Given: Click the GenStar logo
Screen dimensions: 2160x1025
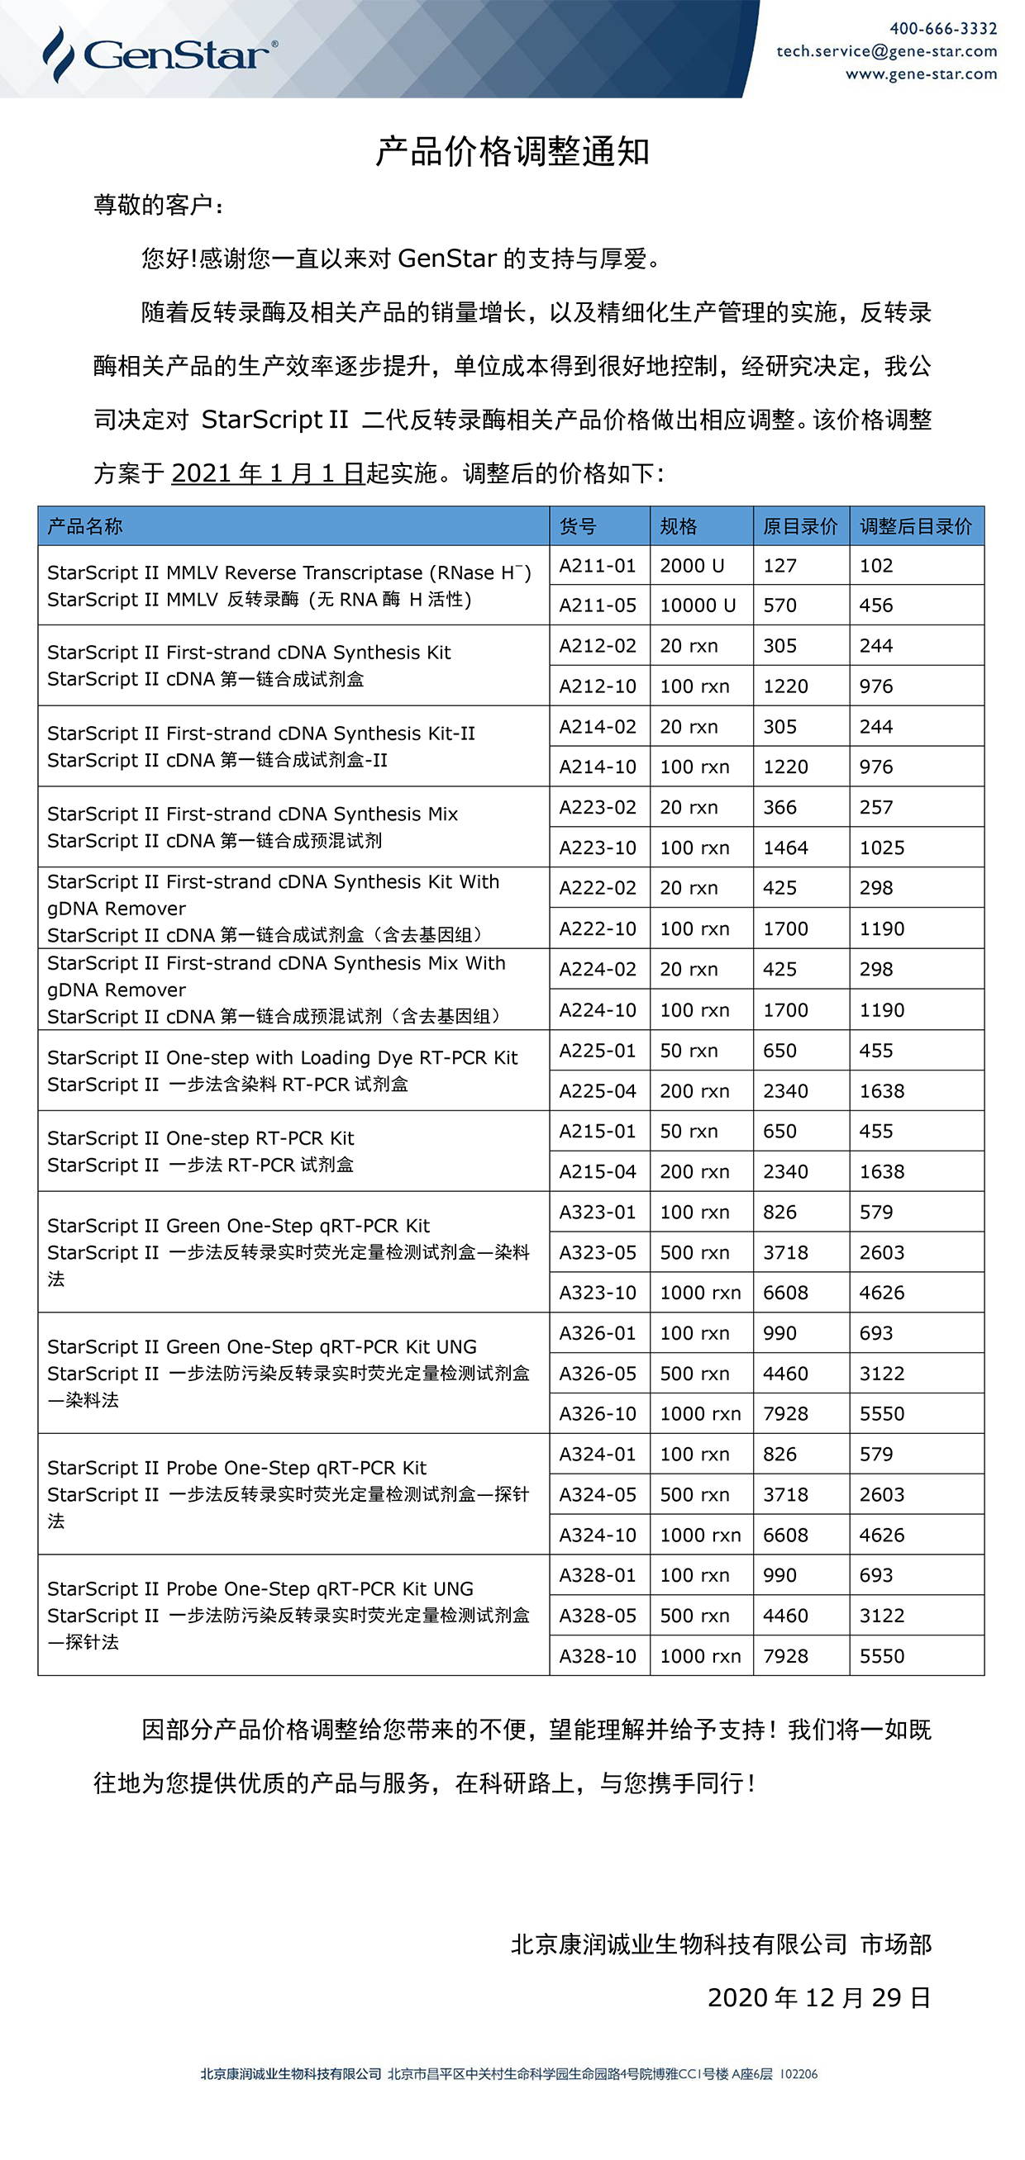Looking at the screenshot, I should coord(160,55).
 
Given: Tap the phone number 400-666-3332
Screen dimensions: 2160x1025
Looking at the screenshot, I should coord(943,29).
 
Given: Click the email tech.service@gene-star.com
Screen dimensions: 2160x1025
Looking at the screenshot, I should coord(887,51).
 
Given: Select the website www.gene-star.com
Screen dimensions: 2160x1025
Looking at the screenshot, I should coord(921,74).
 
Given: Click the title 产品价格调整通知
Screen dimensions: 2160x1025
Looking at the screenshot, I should coord(512,152).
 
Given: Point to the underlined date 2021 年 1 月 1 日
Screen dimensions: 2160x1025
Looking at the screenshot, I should coord(268,474).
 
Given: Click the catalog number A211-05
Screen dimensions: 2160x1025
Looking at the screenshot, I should coord(598,605).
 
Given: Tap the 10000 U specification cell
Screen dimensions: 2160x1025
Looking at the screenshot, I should coord(697,605).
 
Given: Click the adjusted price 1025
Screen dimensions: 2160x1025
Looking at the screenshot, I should coord(881,847).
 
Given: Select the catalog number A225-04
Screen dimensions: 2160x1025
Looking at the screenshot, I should coord(598,1091).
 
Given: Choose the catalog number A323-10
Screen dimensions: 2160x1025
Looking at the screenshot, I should coord(598,1293).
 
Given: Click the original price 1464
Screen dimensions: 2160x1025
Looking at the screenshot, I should coord(785,847).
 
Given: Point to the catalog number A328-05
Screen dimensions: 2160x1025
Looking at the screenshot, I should coord(598,1616).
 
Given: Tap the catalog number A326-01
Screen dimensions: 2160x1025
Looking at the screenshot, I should coord(598,1333).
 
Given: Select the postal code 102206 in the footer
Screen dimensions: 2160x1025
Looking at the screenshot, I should coord(799,2074).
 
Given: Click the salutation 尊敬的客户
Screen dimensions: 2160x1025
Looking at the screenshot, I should coord(157,206).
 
